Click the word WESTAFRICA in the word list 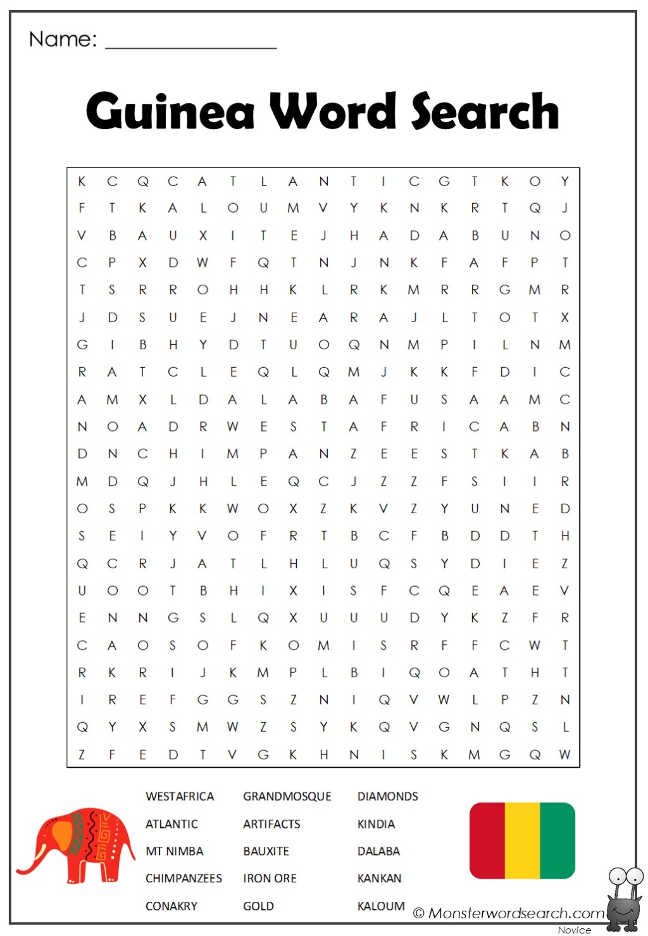pyautogui.click(x=180, y=796)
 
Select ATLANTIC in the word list pyautogui.click(x=171, y=824)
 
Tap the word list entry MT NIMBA pyautogui.click(x=174, y=851)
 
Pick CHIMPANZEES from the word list pyautogui.click(x=184, y=878)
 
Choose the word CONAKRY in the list pyautogui.click(x=171, y=906)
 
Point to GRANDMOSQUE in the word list pyautogui.click(x=287, y=796)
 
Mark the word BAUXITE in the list pyautogui.click(x=266, y=851)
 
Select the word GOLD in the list pyautogui.click(x=258, y=906)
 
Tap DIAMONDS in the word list pyautogui.click(x=387, y=796)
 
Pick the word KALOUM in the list pyautogui.click(x=380, y=906)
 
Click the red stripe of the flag pyautogui.click(x=487, y=840)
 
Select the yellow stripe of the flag pyautogui.click(x=522, y=840)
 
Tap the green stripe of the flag pyautogui.click(x=558, y=840)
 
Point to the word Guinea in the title pyautogui.click(x=170, y=111)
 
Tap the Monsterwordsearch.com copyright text pyautogui.click(x=509, y=913)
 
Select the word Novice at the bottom pyautogui.click(x=574, y=930)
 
